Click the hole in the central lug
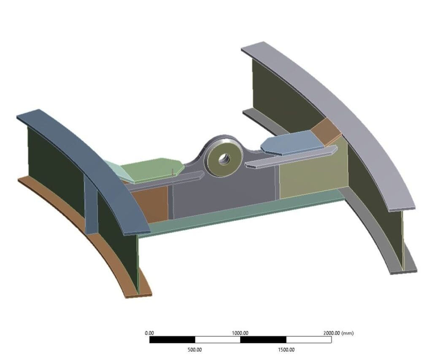pyautogui.click(x=223, y=159)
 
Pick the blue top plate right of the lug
pyautogui.click(x=292, y=142)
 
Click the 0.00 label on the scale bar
pyautogui.click(x=149, y=333)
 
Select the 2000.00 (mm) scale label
pyautogui.click(x=337, y=333)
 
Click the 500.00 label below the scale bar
pyautogui.click(x=194, y=349)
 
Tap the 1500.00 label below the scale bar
pyautogui.click(x=286, y=349)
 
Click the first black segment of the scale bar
pyautogui.click(x=172, y=340)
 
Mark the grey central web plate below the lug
pyautogui.click(x=224, y=194)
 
